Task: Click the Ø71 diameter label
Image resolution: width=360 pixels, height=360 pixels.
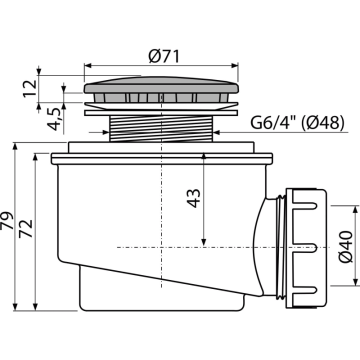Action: pyautogui.click(x=163, y=56)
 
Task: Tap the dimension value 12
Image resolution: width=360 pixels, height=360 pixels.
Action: pyautogui.click(x=30, y=88)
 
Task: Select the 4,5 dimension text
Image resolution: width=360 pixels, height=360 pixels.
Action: pyautogui.click(x=54, y=119)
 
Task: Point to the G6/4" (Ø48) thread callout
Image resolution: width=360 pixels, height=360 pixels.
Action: pyautogui.click(x=297, y=122)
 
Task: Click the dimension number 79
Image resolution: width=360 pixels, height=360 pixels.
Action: pyautogui.click(x=6, y=220)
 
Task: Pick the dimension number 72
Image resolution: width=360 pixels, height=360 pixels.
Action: pyautogui.click(x=25, y=228)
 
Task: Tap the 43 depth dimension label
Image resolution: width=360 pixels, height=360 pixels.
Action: pyautogui.click(x=193, y=198)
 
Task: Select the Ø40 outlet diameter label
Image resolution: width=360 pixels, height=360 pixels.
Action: pyautogui.click(x=345, y=247)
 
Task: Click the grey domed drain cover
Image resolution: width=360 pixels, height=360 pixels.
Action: pyautogui.click(x=161, y=85)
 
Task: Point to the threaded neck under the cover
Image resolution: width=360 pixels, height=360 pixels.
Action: pyautogui.click(x=161, y=128)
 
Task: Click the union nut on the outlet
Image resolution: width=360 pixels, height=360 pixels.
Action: pyautogui.click(x=305, y=248)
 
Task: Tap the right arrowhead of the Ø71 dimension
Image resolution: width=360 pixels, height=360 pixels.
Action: pyautogui.click(x=234, y=65)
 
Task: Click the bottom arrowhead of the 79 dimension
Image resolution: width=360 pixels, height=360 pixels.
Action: pyautogui.click(x=15, y=307)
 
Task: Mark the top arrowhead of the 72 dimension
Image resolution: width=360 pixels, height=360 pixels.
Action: pyautogui.click(x=35, y=157)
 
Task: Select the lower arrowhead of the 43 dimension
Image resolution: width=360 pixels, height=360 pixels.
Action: pyautogui.click(x=203, y=242)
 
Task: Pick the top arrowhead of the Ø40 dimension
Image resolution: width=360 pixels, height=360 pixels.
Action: pyautogui.click(x=355, y=209)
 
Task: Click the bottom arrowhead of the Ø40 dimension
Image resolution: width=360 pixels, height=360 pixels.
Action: pyautogui.click(x=355, y=282)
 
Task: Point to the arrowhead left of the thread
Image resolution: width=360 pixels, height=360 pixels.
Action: pyautogui.click(x=106, y=132)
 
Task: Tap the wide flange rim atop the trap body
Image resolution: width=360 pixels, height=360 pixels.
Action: pyautogui.click(x=162, y=158)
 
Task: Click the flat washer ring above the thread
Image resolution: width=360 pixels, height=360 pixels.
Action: pyautogui.click(x=161, y=113)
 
